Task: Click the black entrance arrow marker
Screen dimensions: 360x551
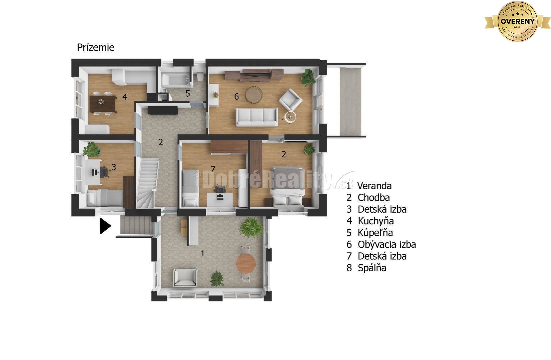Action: click(105, 226)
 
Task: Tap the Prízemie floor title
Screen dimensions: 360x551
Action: click(96, 47)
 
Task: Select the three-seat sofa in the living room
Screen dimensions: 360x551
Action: click(257, 117)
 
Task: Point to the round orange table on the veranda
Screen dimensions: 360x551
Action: click(246, 263)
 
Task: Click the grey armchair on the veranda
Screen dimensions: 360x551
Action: click(185, 278)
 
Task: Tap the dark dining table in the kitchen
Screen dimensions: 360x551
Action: click(103, 104)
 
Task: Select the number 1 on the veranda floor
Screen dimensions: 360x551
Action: click(203, 253)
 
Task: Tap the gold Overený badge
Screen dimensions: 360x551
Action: click(517, 21)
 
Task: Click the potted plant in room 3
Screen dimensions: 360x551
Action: click(91, 149)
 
